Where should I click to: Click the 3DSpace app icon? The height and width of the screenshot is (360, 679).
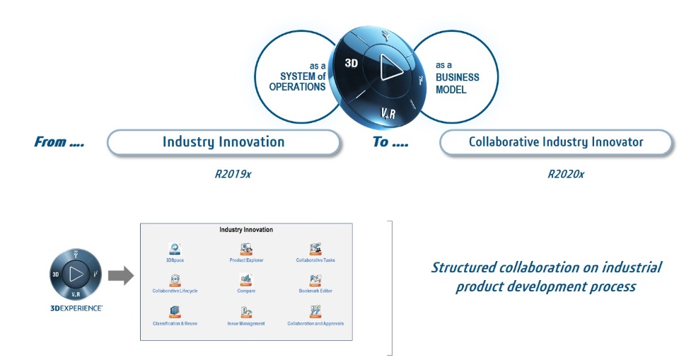pos(175,249)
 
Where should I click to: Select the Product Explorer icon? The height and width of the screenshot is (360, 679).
pos(246,249)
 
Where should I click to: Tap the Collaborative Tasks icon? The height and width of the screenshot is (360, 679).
pos(315,249)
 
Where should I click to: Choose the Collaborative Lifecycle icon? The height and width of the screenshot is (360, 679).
pos(175,280)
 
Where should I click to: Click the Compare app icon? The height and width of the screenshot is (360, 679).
pos(246,280)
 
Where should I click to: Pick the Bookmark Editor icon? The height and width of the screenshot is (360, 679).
pos(315,280)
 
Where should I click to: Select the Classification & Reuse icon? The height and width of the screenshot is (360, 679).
pos(175,312)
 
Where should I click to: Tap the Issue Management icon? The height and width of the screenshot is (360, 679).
pos(246,312)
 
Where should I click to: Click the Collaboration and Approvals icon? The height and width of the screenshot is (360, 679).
pos(315,312)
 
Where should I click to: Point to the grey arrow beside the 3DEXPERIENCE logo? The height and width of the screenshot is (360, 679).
pos(121,276)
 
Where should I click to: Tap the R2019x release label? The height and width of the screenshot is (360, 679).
pos(233,173)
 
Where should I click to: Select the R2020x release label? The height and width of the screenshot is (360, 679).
pos(566,173)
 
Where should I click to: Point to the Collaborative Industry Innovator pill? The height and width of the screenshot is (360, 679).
pos(556,142)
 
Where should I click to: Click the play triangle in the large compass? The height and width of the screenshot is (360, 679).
pos(388,68)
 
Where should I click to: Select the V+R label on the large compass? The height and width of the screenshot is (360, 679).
pos(390,112)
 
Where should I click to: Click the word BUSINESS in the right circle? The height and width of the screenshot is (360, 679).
pos(457,77)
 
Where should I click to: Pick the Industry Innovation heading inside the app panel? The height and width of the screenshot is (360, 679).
pos(246,230)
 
